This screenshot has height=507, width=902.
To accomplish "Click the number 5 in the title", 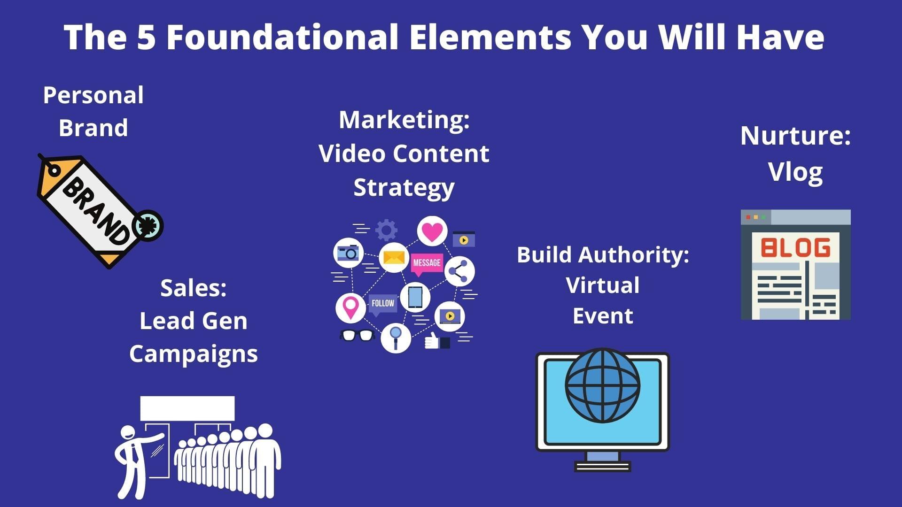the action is point(146,37).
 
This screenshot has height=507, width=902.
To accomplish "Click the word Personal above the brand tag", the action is point(93,95).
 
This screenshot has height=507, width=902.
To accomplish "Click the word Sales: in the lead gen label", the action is point(194,288).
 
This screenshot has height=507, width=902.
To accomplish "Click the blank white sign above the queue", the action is point(187,408).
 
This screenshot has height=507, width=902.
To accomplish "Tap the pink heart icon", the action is point(432,231).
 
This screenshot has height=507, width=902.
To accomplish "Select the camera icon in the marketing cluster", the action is point(348,253).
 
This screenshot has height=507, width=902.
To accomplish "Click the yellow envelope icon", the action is point(394,257).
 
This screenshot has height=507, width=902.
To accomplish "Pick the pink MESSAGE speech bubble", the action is point(427,264).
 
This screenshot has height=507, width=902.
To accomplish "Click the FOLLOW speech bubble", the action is point(382,304).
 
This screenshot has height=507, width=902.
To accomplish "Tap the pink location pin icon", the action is point(350,308).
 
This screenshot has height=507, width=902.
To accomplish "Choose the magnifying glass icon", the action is point(396,338).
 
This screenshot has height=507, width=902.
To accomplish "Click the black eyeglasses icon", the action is point(357,335).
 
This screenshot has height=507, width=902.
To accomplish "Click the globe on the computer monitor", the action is point(602,385).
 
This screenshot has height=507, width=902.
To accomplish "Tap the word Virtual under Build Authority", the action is point(603,285).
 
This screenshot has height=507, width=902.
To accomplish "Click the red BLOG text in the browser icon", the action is point(795,247).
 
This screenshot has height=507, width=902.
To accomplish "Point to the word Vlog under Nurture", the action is point(795,172).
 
